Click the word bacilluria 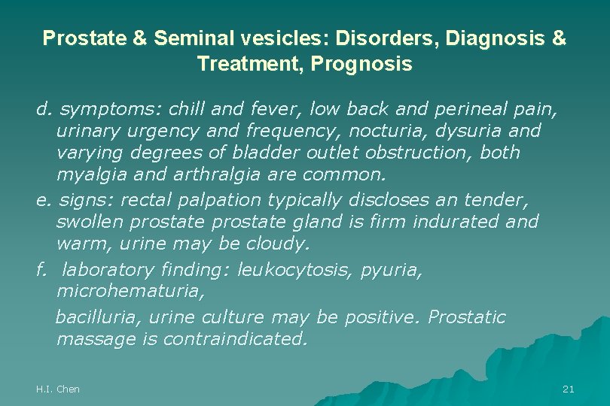[x=90, y=317]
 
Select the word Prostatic [x=466, y=317]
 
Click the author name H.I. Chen [x=58, y=389]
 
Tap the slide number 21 [x=569, y=389]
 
